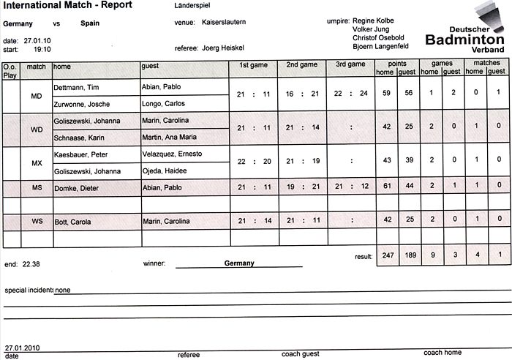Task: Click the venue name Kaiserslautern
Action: [223, 23]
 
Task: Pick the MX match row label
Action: [36, 163]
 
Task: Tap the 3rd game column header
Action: [350, 64]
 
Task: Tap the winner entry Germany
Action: [239, 263]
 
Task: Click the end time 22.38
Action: [32, 262]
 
